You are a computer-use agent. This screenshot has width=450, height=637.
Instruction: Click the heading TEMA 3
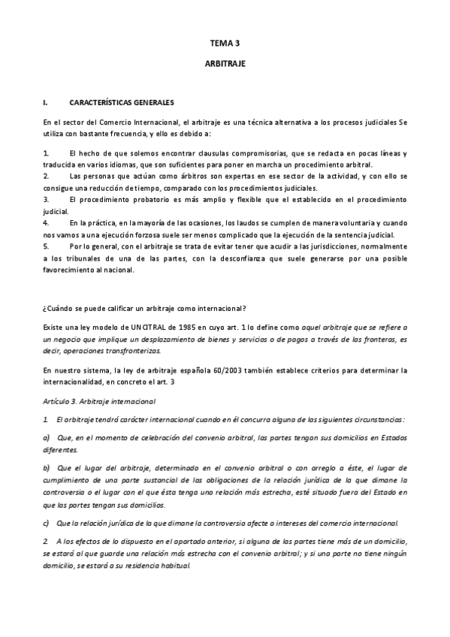pyautogui.click(x=225, y=44)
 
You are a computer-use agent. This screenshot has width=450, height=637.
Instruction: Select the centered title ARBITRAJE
pyautogui.click(x=225, y=65)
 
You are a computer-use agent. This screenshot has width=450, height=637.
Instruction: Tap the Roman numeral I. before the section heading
pyautogui.click(x=46, y=101)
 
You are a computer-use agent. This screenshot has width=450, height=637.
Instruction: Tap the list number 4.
pyautogui.click(x=46, y=222)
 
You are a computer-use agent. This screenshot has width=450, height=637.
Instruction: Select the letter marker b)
pyautogui.click(x=47, y=467)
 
